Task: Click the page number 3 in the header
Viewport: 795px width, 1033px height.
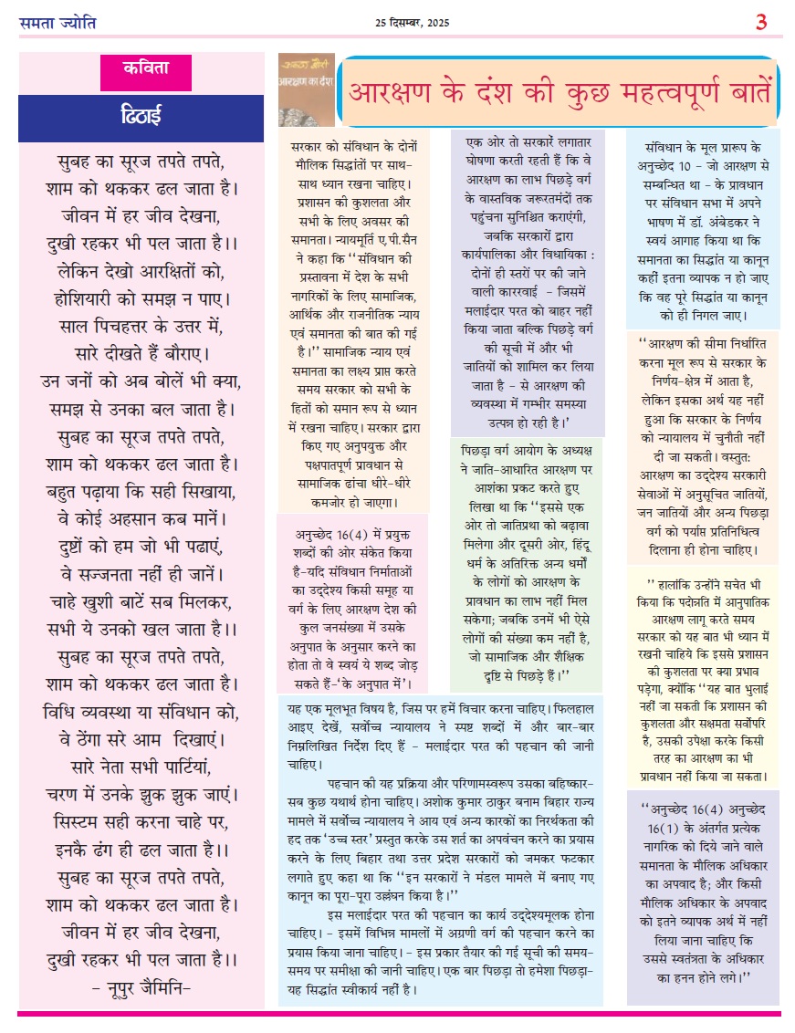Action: (x=760, y=22)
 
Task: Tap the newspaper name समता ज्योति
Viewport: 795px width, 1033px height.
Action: (x=57, y=22)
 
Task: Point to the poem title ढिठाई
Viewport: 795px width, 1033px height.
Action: (x=141, y=116)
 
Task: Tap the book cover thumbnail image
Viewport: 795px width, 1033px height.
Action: (x=306, y=89)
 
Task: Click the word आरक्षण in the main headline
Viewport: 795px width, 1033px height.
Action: (x=396, y=93)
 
